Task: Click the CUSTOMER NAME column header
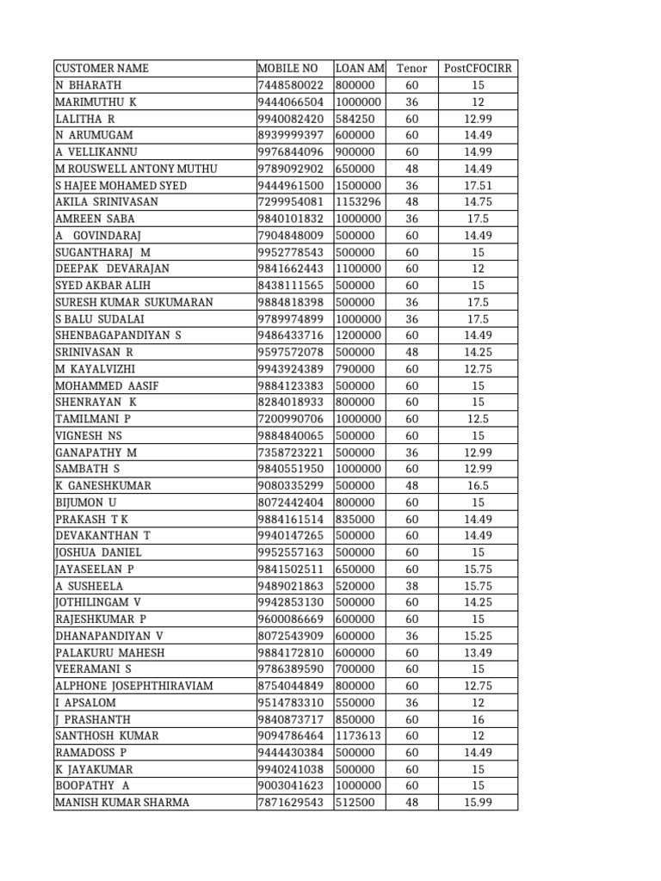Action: pyautogui.click(x=102, y=68)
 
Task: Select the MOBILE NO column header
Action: pyautogui.click(x=287, y=68)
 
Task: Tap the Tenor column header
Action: pyautogui.click(x=411, y=68)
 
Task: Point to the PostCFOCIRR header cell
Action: pyautogui.click(x=479, y=68)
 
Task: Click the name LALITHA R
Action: pyautogui.click(x=84, y=119)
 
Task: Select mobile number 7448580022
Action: pyautogui.click(x=291, y=85)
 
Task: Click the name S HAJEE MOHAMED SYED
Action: pyautogui.click(x=120, y=185)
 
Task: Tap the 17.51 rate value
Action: pyautogui.click(x=478, y=185)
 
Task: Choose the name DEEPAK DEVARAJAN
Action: pyautogui.click(x=112, y=268)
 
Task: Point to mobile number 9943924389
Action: pyautogui.click(x=291, y=369)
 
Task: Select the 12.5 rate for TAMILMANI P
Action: pyautogui.click(x=478, y=419)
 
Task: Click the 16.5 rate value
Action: pyautogui.click(x=478, y=485)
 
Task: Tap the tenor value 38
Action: pyautogui.click(x=411, y=586)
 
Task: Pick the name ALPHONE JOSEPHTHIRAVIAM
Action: pyautogui.click(x=133, y=686)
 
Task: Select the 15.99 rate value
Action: pyautogui.click(x=478, y=803)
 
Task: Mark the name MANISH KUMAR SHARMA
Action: pyautogui.click(x=122, y=803)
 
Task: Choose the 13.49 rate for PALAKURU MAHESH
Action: pyautogui.click(x=478, y=652)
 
